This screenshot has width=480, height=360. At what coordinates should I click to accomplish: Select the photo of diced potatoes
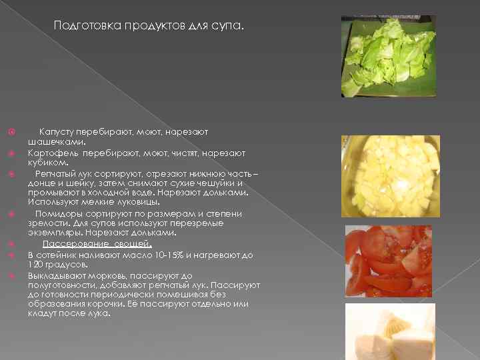click(391, 175)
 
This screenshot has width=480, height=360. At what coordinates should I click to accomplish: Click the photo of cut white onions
click(390, 331)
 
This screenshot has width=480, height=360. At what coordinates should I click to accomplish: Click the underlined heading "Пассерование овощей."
click(97, 244)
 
